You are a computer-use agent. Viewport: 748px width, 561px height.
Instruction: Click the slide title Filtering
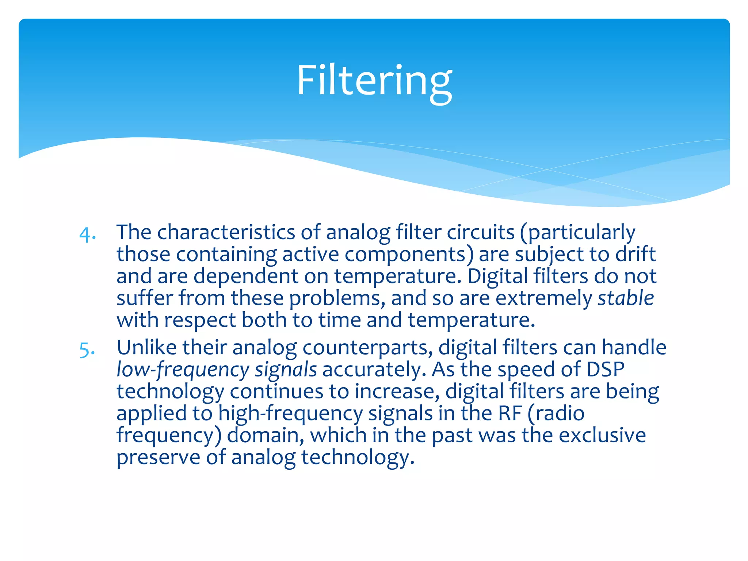point(374,81)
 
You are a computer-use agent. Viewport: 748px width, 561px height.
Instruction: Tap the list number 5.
point(87,350)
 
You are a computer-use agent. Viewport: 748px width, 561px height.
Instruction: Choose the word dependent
point(245,276)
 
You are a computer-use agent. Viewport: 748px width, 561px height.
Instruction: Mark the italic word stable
point(626,298)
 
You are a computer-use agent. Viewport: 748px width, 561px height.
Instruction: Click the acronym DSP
point(606,369)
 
